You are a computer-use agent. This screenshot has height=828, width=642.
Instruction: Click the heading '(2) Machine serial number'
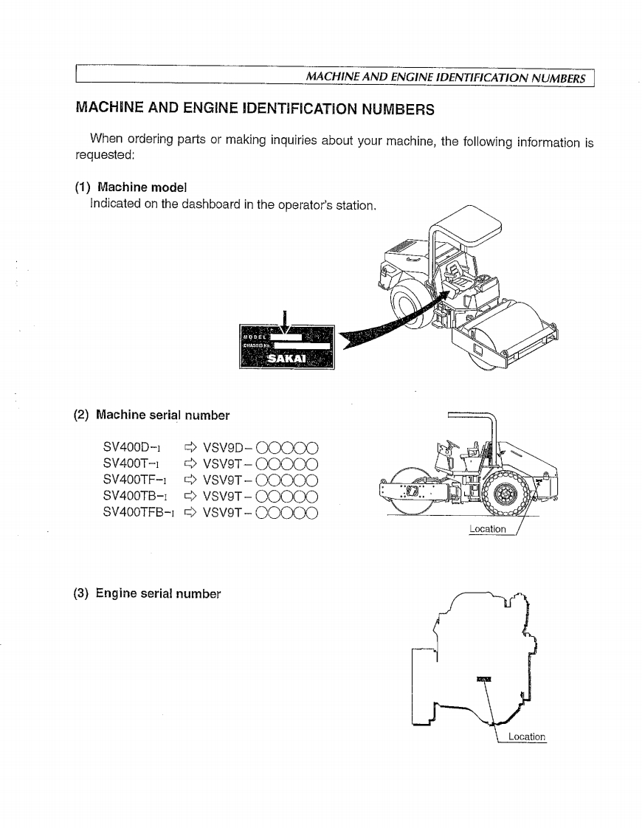152,415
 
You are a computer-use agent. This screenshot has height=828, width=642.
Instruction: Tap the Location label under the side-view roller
488,528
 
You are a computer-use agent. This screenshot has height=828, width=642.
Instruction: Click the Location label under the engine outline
527,736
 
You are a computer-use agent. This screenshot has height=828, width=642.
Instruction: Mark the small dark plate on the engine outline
484,677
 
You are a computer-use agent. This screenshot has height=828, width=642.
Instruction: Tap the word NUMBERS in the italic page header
559,77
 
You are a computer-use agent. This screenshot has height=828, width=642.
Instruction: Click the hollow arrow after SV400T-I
190,463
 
